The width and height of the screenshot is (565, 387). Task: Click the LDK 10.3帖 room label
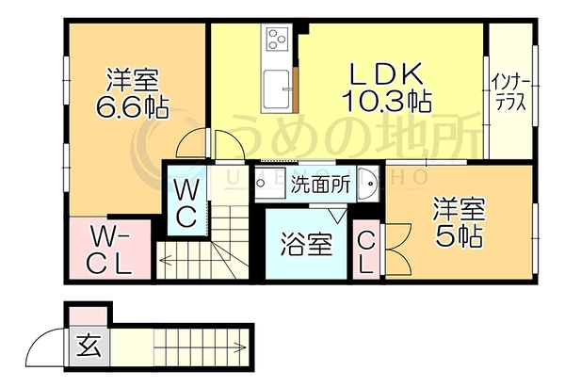[387, 87]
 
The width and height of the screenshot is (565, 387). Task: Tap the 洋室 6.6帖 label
[132, 93]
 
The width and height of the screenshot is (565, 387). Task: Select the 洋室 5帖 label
[460, 222]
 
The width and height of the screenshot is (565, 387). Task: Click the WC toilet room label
[186, 203]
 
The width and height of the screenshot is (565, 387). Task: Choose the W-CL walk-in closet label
[109, 250]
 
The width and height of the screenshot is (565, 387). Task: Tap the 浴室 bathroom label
[306, 244]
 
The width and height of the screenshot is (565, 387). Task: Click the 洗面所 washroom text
[320, 185]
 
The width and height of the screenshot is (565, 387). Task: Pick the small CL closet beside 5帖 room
[366, 252]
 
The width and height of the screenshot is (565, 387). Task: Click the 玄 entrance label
[89, 346]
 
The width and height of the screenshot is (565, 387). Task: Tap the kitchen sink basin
[276, 89]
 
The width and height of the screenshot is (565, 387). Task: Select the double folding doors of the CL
[398, 250]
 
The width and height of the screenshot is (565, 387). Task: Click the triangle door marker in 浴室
[338, 216]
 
